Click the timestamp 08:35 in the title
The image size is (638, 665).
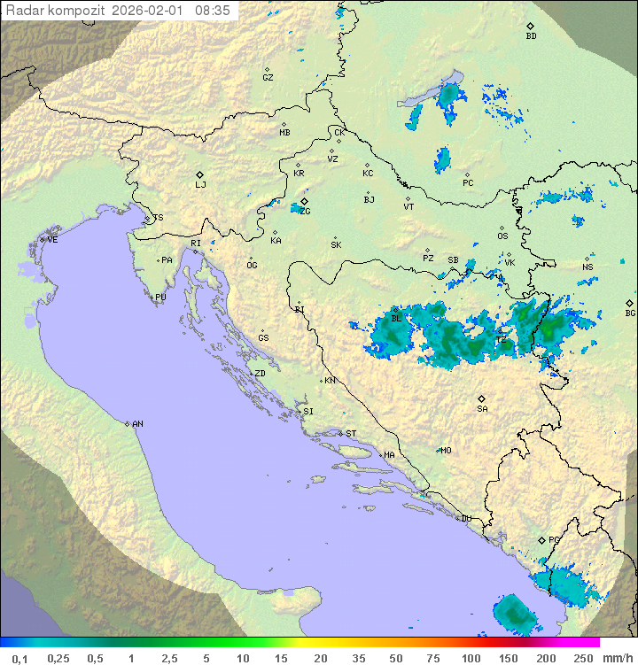coord(213,11)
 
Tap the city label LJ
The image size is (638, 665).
coord(200,184)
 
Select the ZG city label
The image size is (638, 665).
coord(305,212)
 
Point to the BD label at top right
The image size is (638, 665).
coord(531,36)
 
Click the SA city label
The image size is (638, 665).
coord(482,409)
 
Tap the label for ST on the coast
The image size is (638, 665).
coord(351,434)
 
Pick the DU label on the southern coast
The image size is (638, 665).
coord(466,519)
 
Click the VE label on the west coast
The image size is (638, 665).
coord(52,240)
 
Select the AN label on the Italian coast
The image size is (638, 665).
coord(137,424)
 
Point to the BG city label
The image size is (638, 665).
coord(630,313)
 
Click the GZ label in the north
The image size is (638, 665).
coord(268,78)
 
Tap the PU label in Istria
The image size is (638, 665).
coord(160,298)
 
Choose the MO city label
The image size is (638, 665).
coord(446,450)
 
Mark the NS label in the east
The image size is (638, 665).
coord(587,267)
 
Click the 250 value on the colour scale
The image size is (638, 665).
coord(582,658)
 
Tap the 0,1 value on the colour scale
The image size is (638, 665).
coord(19,658)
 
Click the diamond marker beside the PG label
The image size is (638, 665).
coord(541,539)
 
